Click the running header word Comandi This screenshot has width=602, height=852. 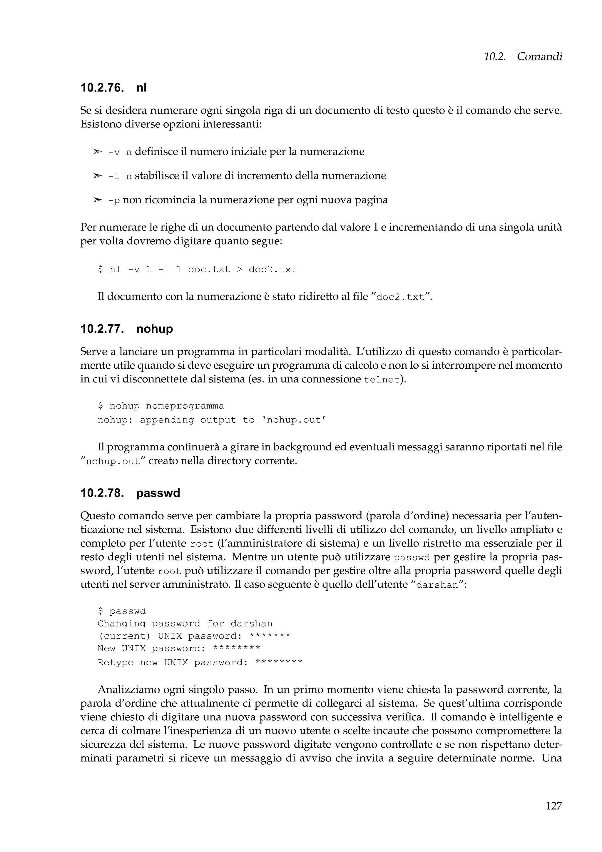coord(539,56)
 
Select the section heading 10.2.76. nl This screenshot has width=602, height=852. coord(113,88)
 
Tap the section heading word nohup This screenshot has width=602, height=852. coord(154,329)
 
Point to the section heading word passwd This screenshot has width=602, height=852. coord(158,493)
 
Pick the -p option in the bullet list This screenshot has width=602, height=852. coord(114,201)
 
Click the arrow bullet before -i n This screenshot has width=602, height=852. coord(97,176)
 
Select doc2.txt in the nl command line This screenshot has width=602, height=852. coord(272,269)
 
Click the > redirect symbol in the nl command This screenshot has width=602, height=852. coord(239,269)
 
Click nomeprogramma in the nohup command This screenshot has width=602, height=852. coord(185,406)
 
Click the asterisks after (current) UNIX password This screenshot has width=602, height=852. coord(270,636)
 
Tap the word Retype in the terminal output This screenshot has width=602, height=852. coord(115,663)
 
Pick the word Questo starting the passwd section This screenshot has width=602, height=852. coord(98,516)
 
